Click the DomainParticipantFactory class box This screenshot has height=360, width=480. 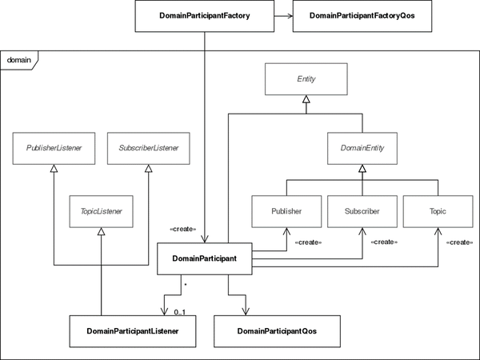(205, 16)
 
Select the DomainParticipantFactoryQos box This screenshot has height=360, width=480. (362, 16)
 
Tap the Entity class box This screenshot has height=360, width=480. (306, 79)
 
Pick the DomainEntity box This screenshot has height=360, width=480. (362, 148)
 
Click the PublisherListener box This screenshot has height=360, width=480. (54, 148)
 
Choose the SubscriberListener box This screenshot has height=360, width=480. (149, 148)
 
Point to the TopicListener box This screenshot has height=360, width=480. (102, 211)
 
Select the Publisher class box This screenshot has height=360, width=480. (286, 211)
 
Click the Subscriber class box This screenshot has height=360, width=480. (362, 211)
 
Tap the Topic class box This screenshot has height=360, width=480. (438, 211)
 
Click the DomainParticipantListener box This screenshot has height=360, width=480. (133, 331)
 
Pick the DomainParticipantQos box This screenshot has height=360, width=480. (277, 331)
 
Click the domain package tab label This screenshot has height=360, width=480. (19, 60)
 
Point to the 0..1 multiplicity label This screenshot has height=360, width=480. (180, 312)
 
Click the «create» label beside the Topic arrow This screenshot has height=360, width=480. (459, 242)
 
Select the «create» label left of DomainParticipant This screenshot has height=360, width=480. (182, 229)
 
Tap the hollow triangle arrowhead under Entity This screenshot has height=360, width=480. (306, 99)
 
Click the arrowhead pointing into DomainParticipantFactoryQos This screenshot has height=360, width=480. (289, 16)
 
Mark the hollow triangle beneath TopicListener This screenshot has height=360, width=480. (102, 231)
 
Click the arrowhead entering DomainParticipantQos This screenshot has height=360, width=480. (246, 312)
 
